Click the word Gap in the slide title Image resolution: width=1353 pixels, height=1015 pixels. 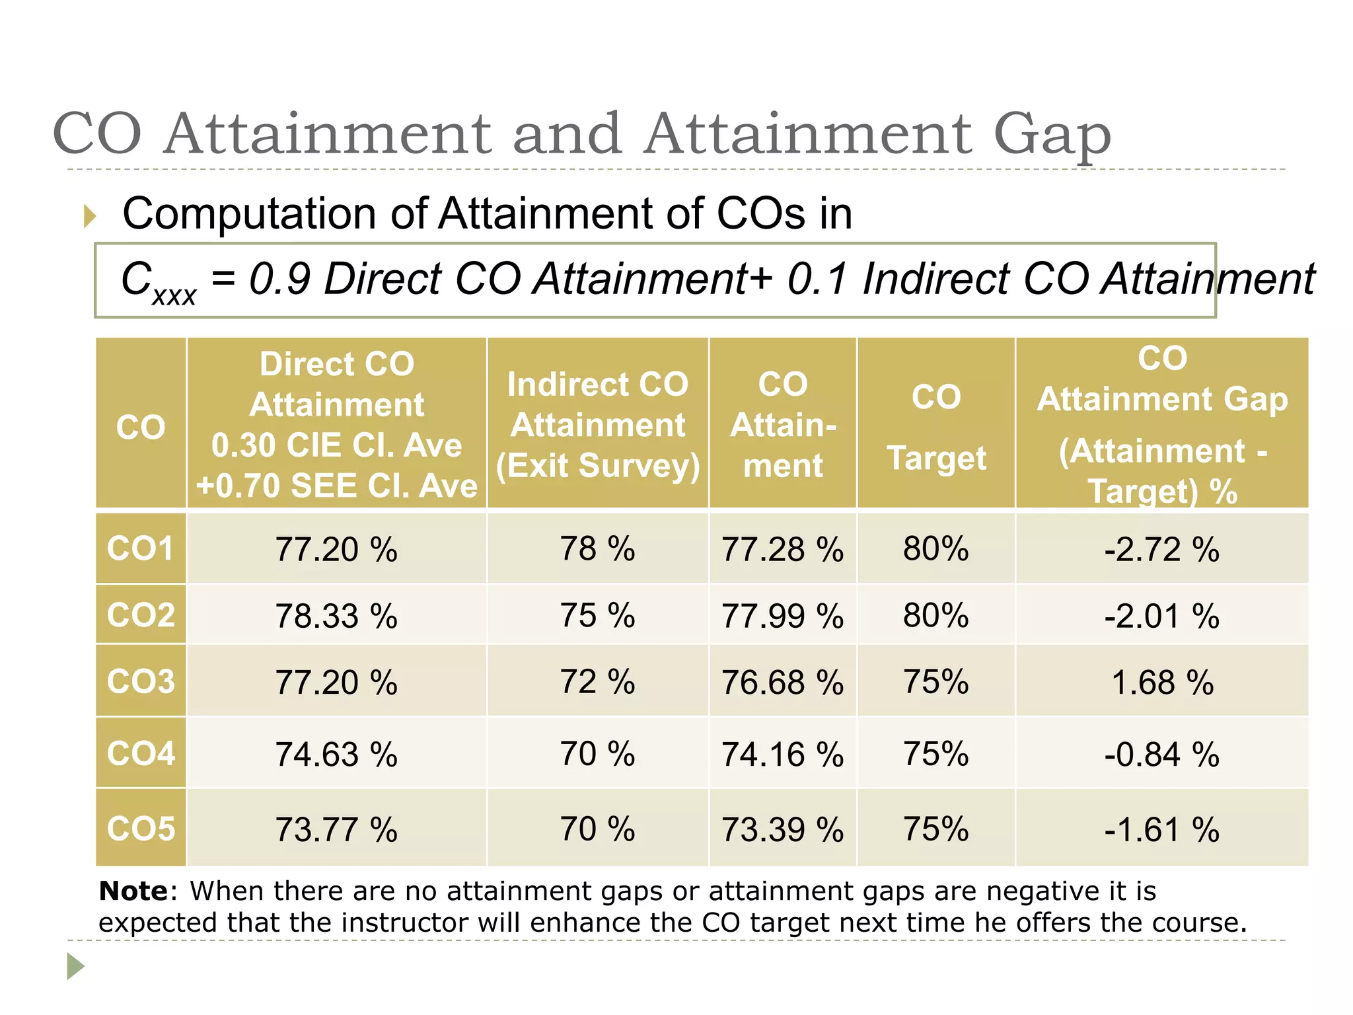point(1052,135)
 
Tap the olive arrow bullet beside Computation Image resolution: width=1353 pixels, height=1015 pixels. point(90,216)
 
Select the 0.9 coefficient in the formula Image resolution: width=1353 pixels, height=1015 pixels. point(279,278)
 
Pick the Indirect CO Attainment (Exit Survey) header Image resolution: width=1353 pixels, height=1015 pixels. point(597,424)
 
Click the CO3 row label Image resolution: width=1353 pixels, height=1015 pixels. point(141,681)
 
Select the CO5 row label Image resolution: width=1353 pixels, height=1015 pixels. point(141,829)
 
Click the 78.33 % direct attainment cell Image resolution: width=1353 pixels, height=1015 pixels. point(336,616)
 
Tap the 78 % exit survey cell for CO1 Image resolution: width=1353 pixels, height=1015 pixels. point(597,549)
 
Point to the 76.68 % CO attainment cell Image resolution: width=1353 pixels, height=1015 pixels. point(782,683)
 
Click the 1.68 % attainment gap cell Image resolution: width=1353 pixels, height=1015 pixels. point(1161,683)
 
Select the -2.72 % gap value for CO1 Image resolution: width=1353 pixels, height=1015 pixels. point(1161,550)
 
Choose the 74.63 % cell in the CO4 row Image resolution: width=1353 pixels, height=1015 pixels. point(336,755)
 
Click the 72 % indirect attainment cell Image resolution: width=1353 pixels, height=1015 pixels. point(597,682)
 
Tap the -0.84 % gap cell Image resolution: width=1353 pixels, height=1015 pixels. point(1161,755)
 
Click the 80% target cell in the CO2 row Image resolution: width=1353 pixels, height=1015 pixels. point(935,616)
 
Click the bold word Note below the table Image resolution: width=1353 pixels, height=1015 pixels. point(133,891)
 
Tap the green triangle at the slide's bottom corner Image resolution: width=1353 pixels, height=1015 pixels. point(75,966)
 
